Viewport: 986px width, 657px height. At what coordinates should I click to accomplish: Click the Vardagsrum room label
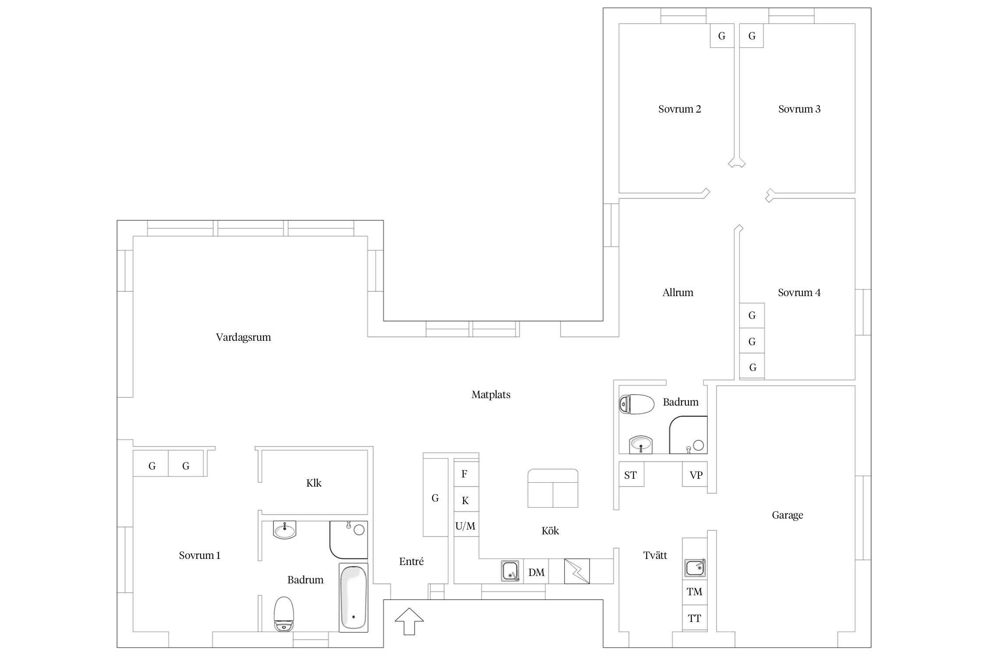click(243, 337)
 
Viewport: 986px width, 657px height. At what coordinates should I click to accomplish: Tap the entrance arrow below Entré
click(409, 621)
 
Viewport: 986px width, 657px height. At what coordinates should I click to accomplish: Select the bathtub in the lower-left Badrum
click(353, 597)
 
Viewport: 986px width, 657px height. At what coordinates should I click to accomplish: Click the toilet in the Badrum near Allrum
click(636, 404)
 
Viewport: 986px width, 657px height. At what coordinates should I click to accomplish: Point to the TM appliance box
click(695, 592)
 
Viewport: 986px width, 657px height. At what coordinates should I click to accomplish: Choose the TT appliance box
click(695, 618)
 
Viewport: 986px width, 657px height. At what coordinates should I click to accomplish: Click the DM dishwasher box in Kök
click(536, 572)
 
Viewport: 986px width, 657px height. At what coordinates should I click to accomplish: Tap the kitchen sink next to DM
click(510, 571)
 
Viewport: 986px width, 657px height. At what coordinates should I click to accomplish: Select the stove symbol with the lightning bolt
click(577, 571)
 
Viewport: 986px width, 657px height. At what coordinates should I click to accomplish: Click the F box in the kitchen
click(466, 474)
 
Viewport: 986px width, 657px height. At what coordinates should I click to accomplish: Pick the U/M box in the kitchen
click(466, 526)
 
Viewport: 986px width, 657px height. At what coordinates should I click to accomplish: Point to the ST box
click(631, 475)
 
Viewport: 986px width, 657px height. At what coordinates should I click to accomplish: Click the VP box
click(695, 475)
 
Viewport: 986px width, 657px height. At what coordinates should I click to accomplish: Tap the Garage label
click(787, 515)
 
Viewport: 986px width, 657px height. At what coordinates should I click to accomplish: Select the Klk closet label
click(314, 483)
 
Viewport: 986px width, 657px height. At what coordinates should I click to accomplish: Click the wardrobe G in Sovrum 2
click(722, 35)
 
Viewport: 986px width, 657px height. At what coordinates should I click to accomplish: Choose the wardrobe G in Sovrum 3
click(752, 35)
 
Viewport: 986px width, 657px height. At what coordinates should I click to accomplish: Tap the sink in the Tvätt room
click(695, 568)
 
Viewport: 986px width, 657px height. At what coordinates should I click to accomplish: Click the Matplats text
click(491, 395)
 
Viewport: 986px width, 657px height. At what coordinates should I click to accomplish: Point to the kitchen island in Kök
click(553, 488)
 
